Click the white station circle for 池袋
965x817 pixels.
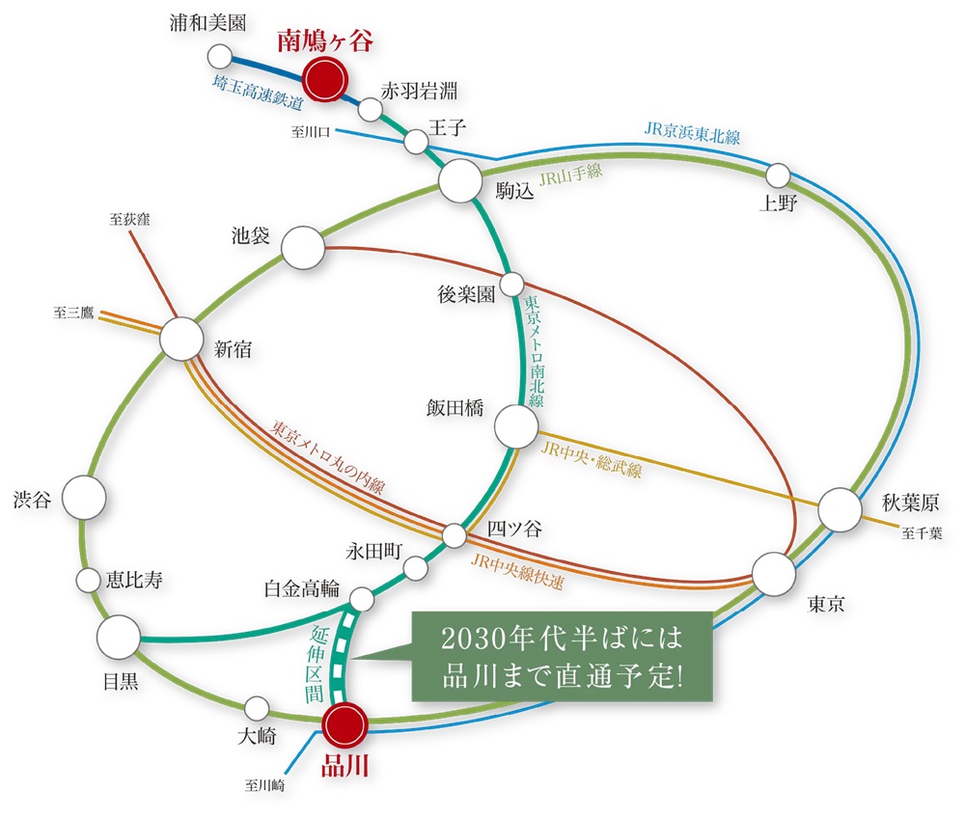pos(302,247)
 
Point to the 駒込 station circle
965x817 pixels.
pos(459,180)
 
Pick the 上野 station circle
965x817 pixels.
pos(778,175)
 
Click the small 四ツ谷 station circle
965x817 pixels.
pos(455,534)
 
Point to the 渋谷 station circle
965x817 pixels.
pos(84,498)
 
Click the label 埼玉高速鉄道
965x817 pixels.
pos(258,93)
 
